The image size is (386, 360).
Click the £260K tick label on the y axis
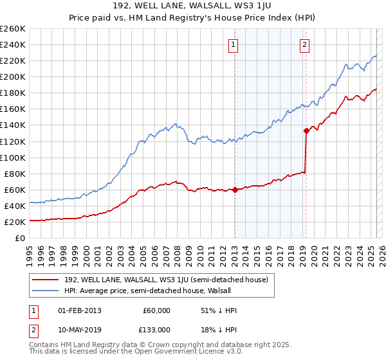pos(12,28)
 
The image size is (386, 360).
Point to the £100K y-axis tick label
pos(12,157)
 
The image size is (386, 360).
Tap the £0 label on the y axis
pos(20,238)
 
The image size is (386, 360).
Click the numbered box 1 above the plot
pos(232,45)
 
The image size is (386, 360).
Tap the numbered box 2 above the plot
pos(304,45)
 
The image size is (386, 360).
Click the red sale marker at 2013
pos(235,190)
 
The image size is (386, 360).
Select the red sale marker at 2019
pos(306,130)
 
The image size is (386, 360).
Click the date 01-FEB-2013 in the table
pos(79,310)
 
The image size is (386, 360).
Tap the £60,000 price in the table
pos(157,310)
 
